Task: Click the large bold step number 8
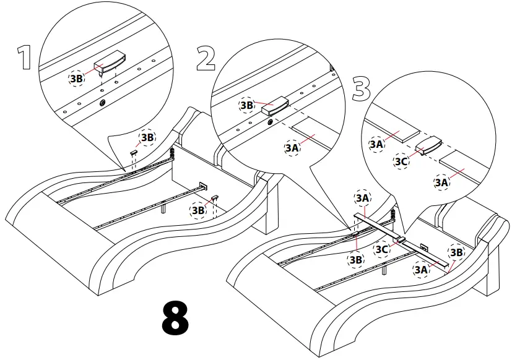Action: (x=175, y=319)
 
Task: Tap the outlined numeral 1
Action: (x=24, y=58)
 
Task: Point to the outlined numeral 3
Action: (x=361, y=89)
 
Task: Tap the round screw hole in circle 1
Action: (x=103, y=101)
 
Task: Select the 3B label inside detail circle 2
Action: (x=247, y=106)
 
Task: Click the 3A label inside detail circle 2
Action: (x=292, y=148)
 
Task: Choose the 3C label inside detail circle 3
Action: (x=402, y=163)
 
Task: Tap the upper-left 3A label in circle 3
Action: (x=376, y=144)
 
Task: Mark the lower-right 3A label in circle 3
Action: (x=441, y=182)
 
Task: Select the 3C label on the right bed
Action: (x=382, y=249)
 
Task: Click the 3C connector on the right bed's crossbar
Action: (x=401, y=240)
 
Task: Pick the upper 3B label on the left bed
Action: (x=147, y=137)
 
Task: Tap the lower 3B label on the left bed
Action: (x=198, y=210)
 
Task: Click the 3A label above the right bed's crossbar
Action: (x=363, y=198)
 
